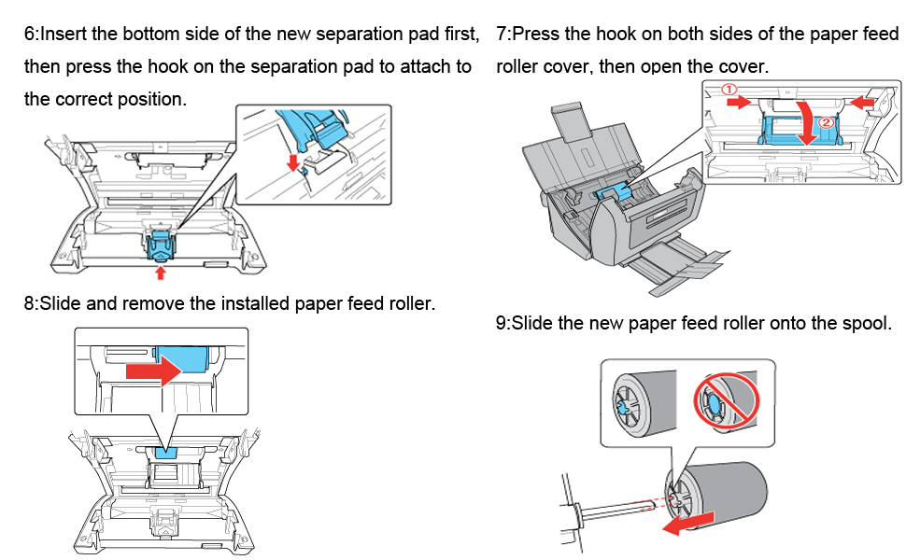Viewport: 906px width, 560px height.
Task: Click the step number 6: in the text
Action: pos(31,35)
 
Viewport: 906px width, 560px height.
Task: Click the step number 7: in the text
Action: pos(503,35)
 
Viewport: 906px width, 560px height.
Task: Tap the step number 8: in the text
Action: pos(31,303)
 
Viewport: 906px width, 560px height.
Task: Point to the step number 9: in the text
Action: pos(503,324)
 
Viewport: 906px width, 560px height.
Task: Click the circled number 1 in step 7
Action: pos(731,90)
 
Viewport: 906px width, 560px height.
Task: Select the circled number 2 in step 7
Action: pos(825,122)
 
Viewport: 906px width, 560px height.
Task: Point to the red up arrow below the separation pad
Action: pos(161,272)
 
